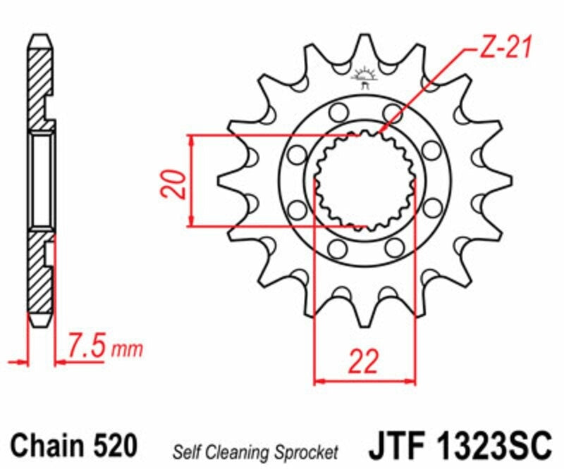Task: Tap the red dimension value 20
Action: pyautogui.click(x=174, y=184)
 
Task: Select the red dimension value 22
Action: pyautogui.click(x=364, y=361)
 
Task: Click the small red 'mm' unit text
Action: pyautogui.click(x=127, y=349)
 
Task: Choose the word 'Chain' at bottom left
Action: pyautogui.click(x=47, y=445)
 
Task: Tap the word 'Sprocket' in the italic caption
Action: pyautogui.click(x=307, y=453)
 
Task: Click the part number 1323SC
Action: pyautogui.click(x=496, y=446)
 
